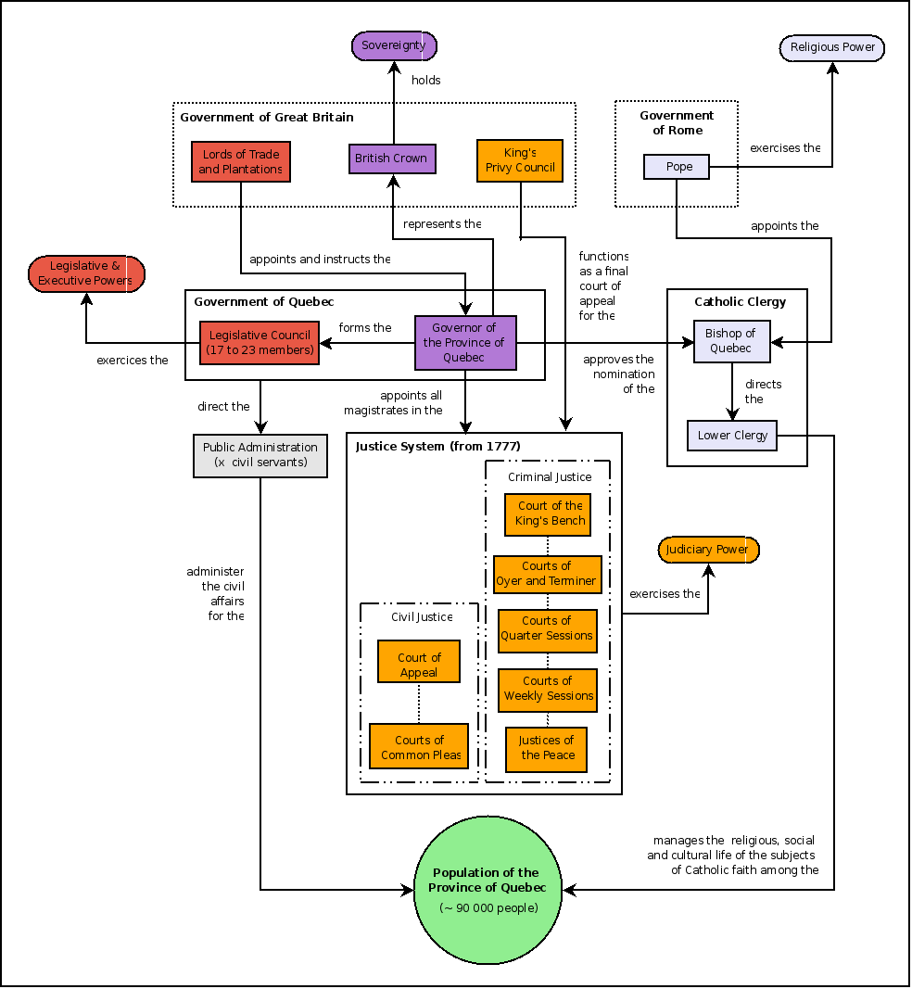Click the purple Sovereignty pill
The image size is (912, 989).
(x=394, y=45)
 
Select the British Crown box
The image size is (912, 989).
(x=392, y=158)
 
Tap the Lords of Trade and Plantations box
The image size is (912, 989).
(x=241, y=162)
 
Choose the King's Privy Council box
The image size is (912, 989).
(x=520, y=160)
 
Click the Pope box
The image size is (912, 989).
(x=678, y=167)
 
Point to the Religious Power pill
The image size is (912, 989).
(x=832, y=47)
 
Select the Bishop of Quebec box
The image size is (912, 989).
(x=731, y=341)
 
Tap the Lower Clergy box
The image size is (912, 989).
(x=732, y=436)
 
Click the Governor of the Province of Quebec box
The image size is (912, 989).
(x=464, y=341)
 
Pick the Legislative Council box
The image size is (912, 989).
(x=260, y=343)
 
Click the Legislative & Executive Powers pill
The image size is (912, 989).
(x=86, y=274)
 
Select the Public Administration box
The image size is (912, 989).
(x=260, y=455)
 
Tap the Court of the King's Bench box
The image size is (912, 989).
(x=551, y=514)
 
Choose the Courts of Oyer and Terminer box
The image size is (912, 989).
(x=547, y=574)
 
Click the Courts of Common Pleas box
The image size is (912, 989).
(x=419, y=747)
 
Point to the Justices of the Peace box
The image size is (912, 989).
(x=547, y=748)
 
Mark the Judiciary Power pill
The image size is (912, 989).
(x=708, y=550)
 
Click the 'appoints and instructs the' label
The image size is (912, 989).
(x=320, y=260)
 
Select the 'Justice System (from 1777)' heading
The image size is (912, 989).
(x=437, y=447)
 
